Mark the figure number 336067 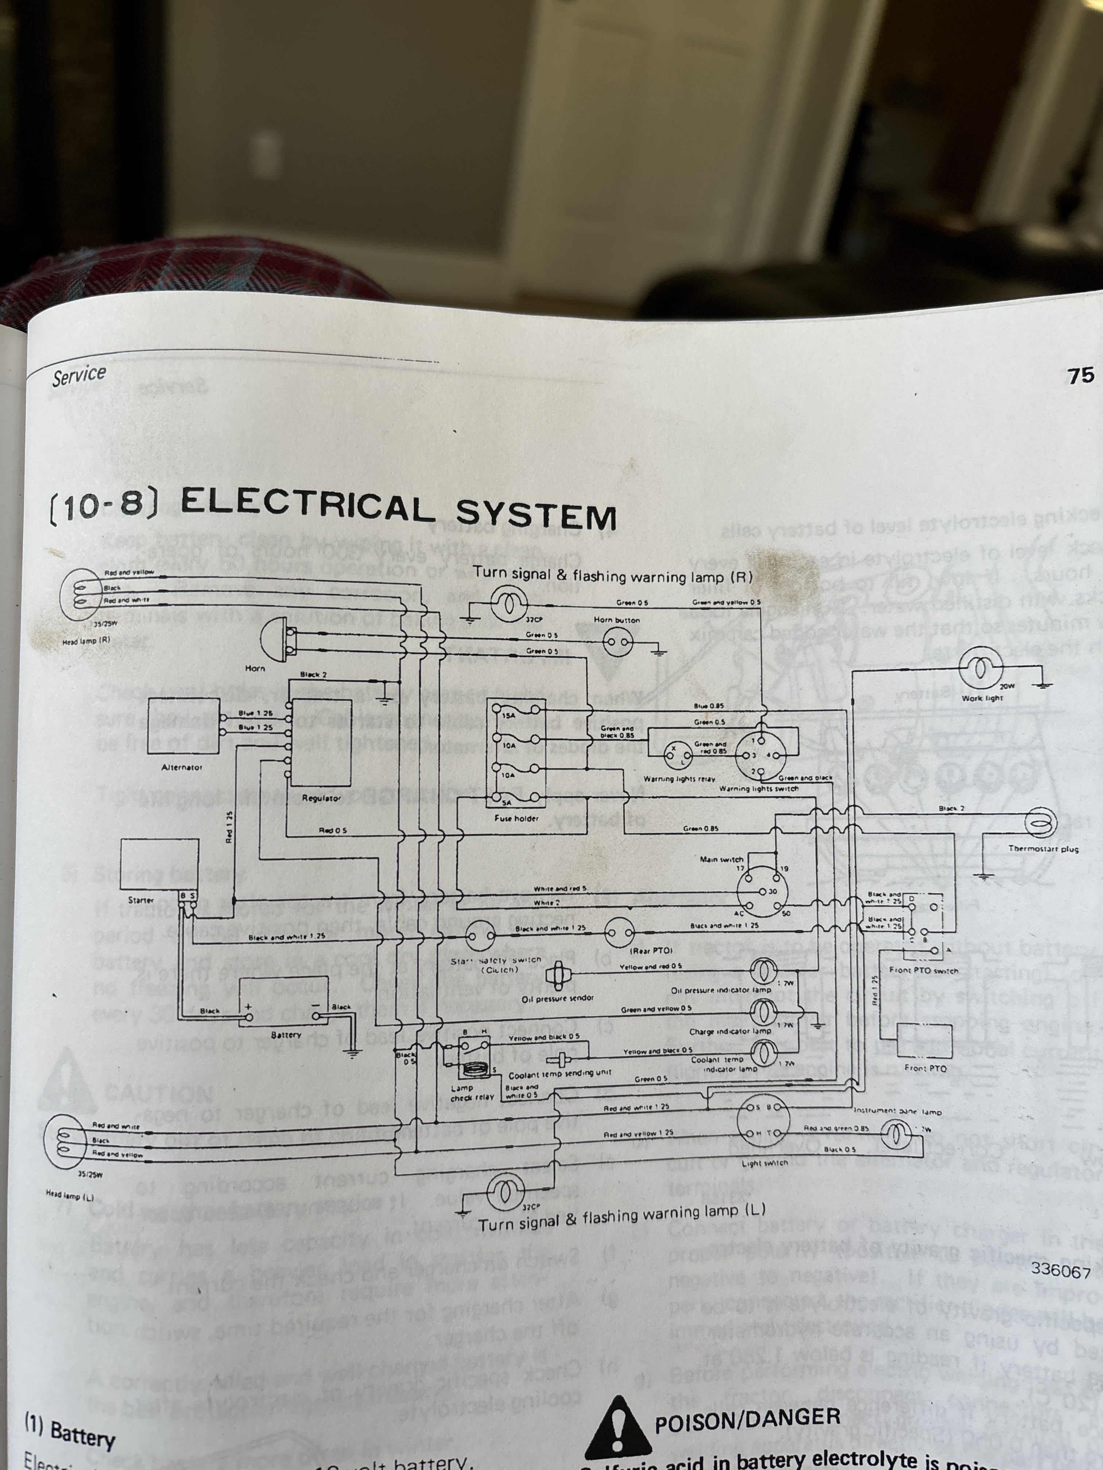click(x=1060, y=1271)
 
